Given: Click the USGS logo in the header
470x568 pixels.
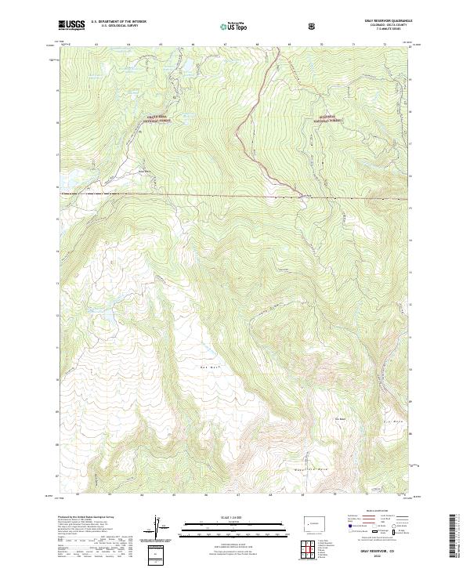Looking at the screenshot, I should tap(72, 25).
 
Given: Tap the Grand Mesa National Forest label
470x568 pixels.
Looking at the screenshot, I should tap(157, 118).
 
